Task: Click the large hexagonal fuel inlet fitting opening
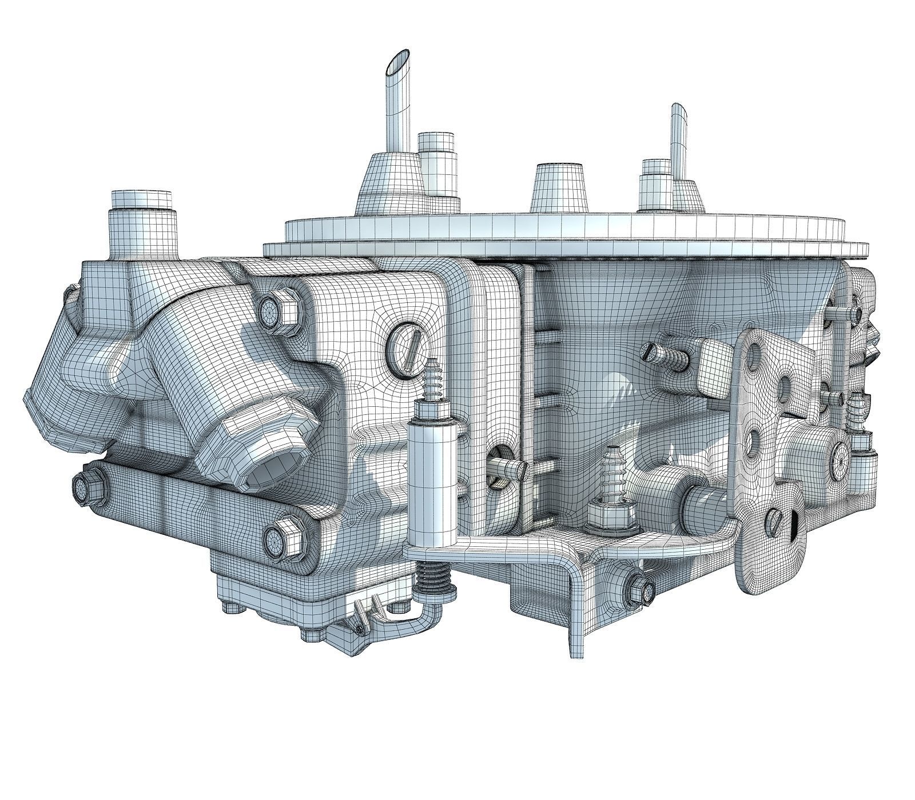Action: coord(264,457)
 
